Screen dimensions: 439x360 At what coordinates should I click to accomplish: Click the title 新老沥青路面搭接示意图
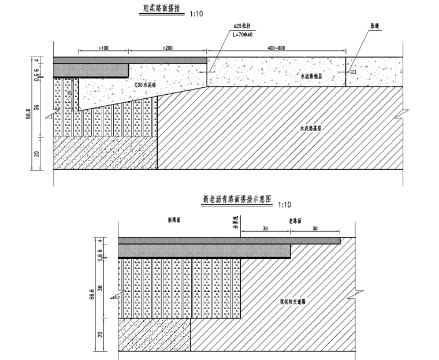237,201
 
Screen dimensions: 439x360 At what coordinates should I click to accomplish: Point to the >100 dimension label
103,47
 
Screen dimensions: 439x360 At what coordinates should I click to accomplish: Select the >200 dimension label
168,47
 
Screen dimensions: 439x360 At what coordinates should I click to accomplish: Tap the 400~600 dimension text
273,47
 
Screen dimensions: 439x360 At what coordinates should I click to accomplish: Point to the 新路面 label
175,221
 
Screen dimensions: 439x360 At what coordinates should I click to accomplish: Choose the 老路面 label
296,221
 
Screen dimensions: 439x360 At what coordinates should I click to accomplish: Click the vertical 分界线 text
235,221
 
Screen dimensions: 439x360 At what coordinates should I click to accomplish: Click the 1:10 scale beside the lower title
284,205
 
